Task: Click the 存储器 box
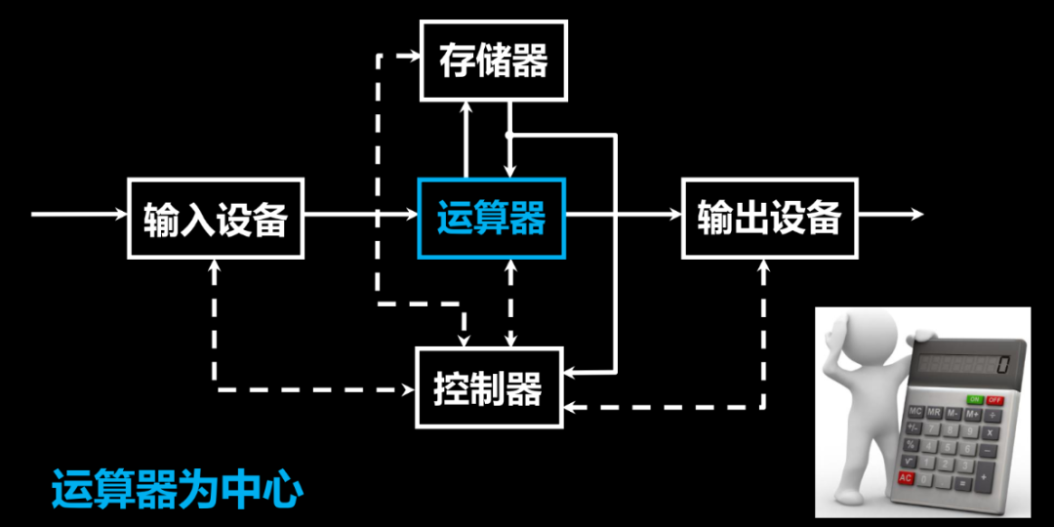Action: point(494,61)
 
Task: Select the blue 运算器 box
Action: point(491,218)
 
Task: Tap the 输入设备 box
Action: point(216,218)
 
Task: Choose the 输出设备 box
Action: point(769,218)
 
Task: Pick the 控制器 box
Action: point(489,387)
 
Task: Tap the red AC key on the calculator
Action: point(906,478)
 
